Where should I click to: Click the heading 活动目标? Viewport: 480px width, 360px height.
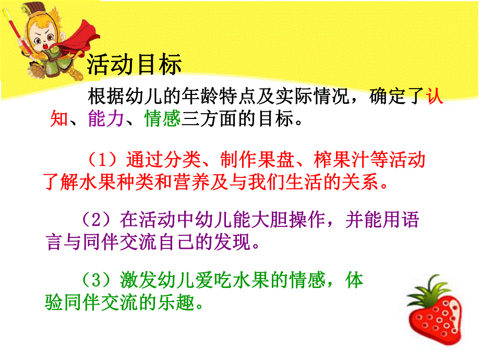pos(134,65)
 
